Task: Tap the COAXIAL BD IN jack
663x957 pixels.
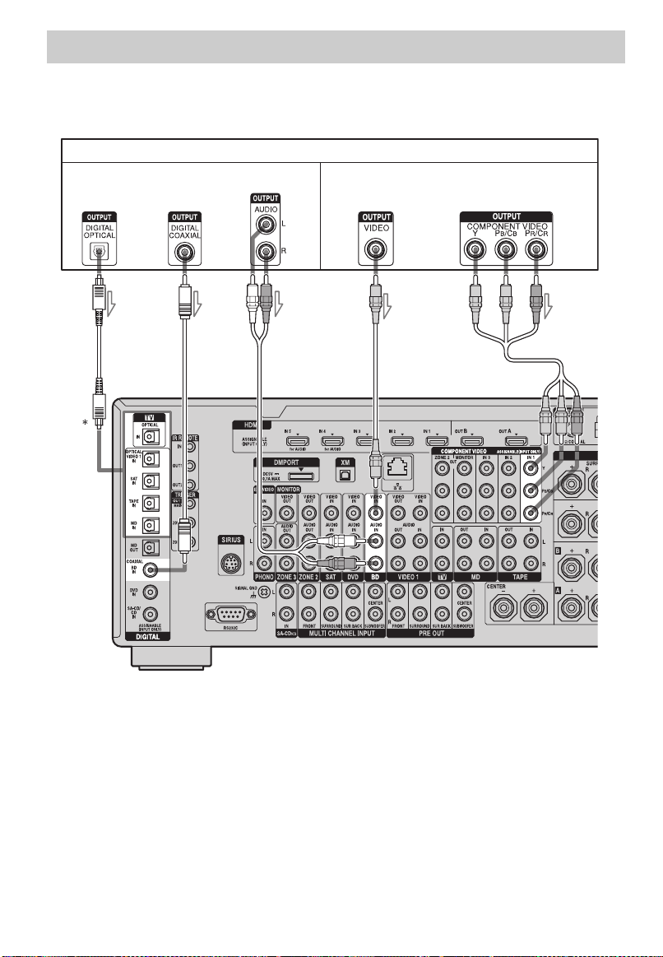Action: tap(151, 569)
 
